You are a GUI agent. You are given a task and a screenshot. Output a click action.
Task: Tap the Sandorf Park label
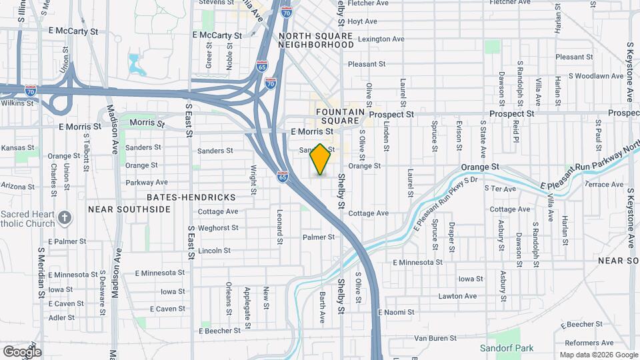pyautogui.click(x=507, y=348)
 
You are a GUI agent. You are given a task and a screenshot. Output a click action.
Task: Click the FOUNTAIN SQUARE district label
pyautogui.click(x=341, y=117)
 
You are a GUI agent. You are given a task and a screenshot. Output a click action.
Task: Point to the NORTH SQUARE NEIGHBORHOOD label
pyautogui.click(x=316, y=40)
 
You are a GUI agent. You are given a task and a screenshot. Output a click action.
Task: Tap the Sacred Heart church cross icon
pyautogui.click(x=65, y=217)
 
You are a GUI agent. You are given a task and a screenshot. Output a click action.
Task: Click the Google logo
pyautogui.click(x=22, y=351)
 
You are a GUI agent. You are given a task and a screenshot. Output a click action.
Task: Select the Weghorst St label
pyautogui.click(x=218, y=228)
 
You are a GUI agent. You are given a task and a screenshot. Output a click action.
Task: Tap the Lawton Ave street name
pyautogui.click(x=457, y=296)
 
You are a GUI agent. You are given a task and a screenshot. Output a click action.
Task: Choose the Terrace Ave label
pyautogui.click(x=603, y=184)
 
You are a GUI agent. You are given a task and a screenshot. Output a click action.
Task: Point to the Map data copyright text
pyautogui.click(x=597, y=354)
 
